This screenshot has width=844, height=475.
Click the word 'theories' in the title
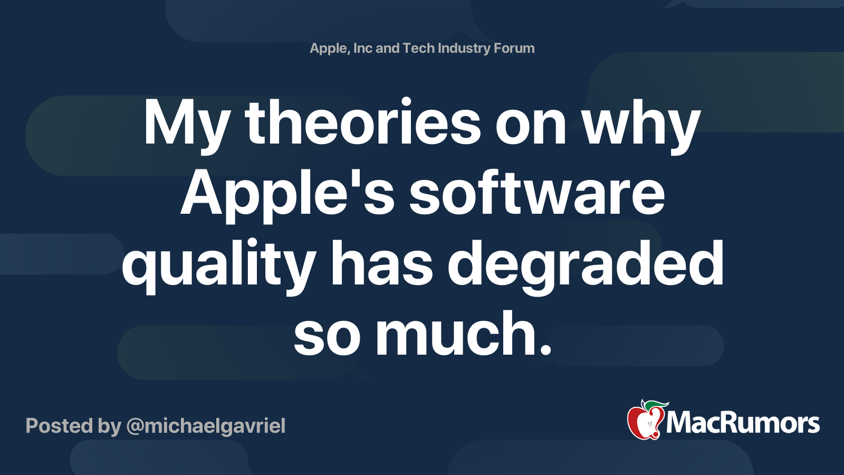tap(363, 124)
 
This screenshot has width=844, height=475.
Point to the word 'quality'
tap(218, 264)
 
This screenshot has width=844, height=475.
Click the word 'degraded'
tap(586, 264)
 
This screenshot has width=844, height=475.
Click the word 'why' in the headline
tap(641, 124)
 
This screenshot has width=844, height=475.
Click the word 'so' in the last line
tap(327, 334)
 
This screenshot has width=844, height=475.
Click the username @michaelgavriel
tap(206, 426)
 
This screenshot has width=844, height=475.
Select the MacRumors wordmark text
tap(743, 423)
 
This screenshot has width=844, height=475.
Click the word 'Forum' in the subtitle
tap(514, 48)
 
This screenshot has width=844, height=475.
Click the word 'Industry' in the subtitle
tap(464, 48)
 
